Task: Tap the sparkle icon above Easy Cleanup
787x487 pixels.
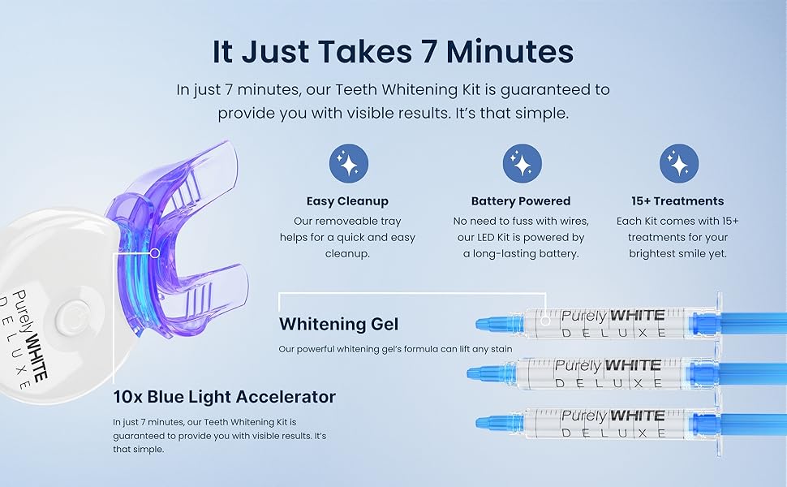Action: coord(348,163)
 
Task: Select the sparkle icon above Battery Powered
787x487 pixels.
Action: coord(522,163)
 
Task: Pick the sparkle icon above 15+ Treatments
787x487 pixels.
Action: coord(678,163)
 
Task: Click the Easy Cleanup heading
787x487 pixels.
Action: coord(347,201)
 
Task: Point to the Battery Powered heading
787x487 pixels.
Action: coord(521,201)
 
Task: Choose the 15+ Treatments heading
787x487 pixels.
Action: coord(677,201)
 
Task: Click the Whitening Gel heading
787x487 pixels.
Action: coord(339,325)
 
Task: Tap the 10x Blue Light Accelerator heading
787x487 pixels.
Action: coord(225,397)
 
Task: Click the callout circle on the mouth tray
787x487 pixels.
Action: coord(155,253)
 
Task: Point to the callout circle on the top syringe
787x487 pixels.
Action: coord(545,320)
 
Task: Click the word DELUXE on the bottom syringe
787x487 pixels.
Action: coord(613,433)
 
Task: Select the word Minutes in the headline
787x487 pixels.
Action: coord(510,52)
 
